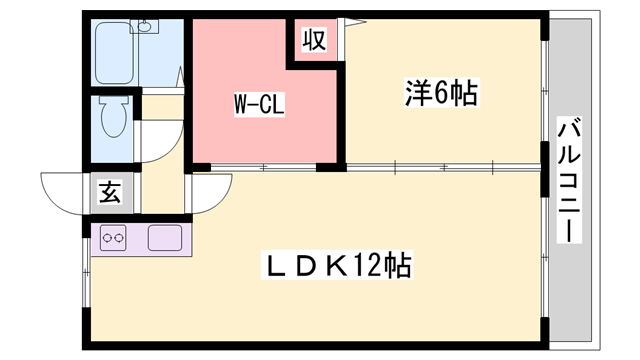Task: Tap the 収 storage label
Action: coord(314,41)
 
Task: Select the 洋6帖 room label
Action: coord(440,95)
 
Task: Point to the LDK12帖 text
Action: coord(337,267)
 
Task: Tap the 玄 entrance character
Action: coord(109,193)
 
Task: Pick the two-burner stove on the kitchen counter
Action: coord(112,239)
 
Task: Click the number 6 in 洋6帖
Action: coord(441,95)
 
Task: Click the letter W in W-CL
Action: coord(242,103)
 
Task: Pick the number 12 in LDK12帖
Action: coord(370,267)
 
